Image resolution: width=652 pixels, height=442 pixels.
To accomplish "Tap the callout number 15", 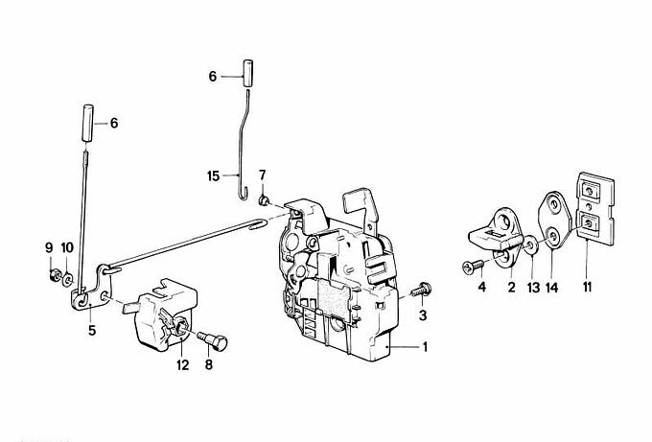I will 214,175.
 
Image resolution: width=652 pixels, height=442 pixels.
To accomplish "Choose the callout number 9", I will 49,247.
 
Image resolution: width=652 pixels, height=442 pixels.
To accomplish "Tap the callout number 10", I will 67,247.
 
